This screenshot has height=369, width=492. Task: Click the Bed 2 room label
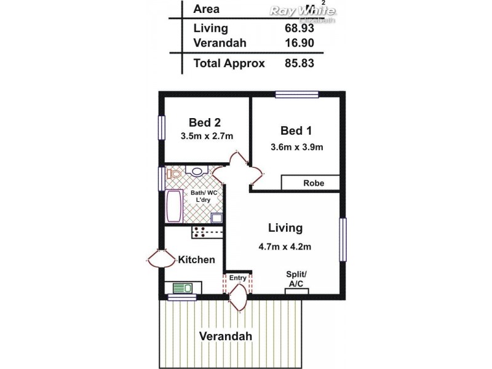(x=205, y=122)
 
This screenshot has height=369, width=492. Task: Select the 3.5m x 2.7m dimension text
(x=207, y=136)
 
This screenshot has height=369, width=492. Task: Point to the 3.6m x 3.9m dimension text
(x=296, y=147)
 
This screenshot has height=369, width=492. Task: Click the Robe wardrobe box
(x=311, y=183)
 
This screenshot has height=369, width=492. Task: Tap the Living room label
(x=285, y=228)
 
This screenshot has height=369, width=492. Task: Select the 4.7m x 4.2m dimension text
(x=285, y=247)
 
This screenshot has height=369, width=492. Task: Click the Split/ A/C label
(x=296, y=279)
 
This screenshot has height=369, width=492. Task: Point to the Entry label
(x=237, y=278)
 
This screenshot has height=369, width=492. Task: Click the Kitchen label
(x=197, y=260)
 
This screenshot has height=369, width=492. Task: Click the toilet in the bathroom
(x=173, y=174)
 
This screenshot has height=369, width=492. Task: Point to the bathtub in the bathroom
(x=173, y=205)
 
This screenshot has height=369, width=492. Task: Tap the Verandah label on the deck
(x=225, y=336)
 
